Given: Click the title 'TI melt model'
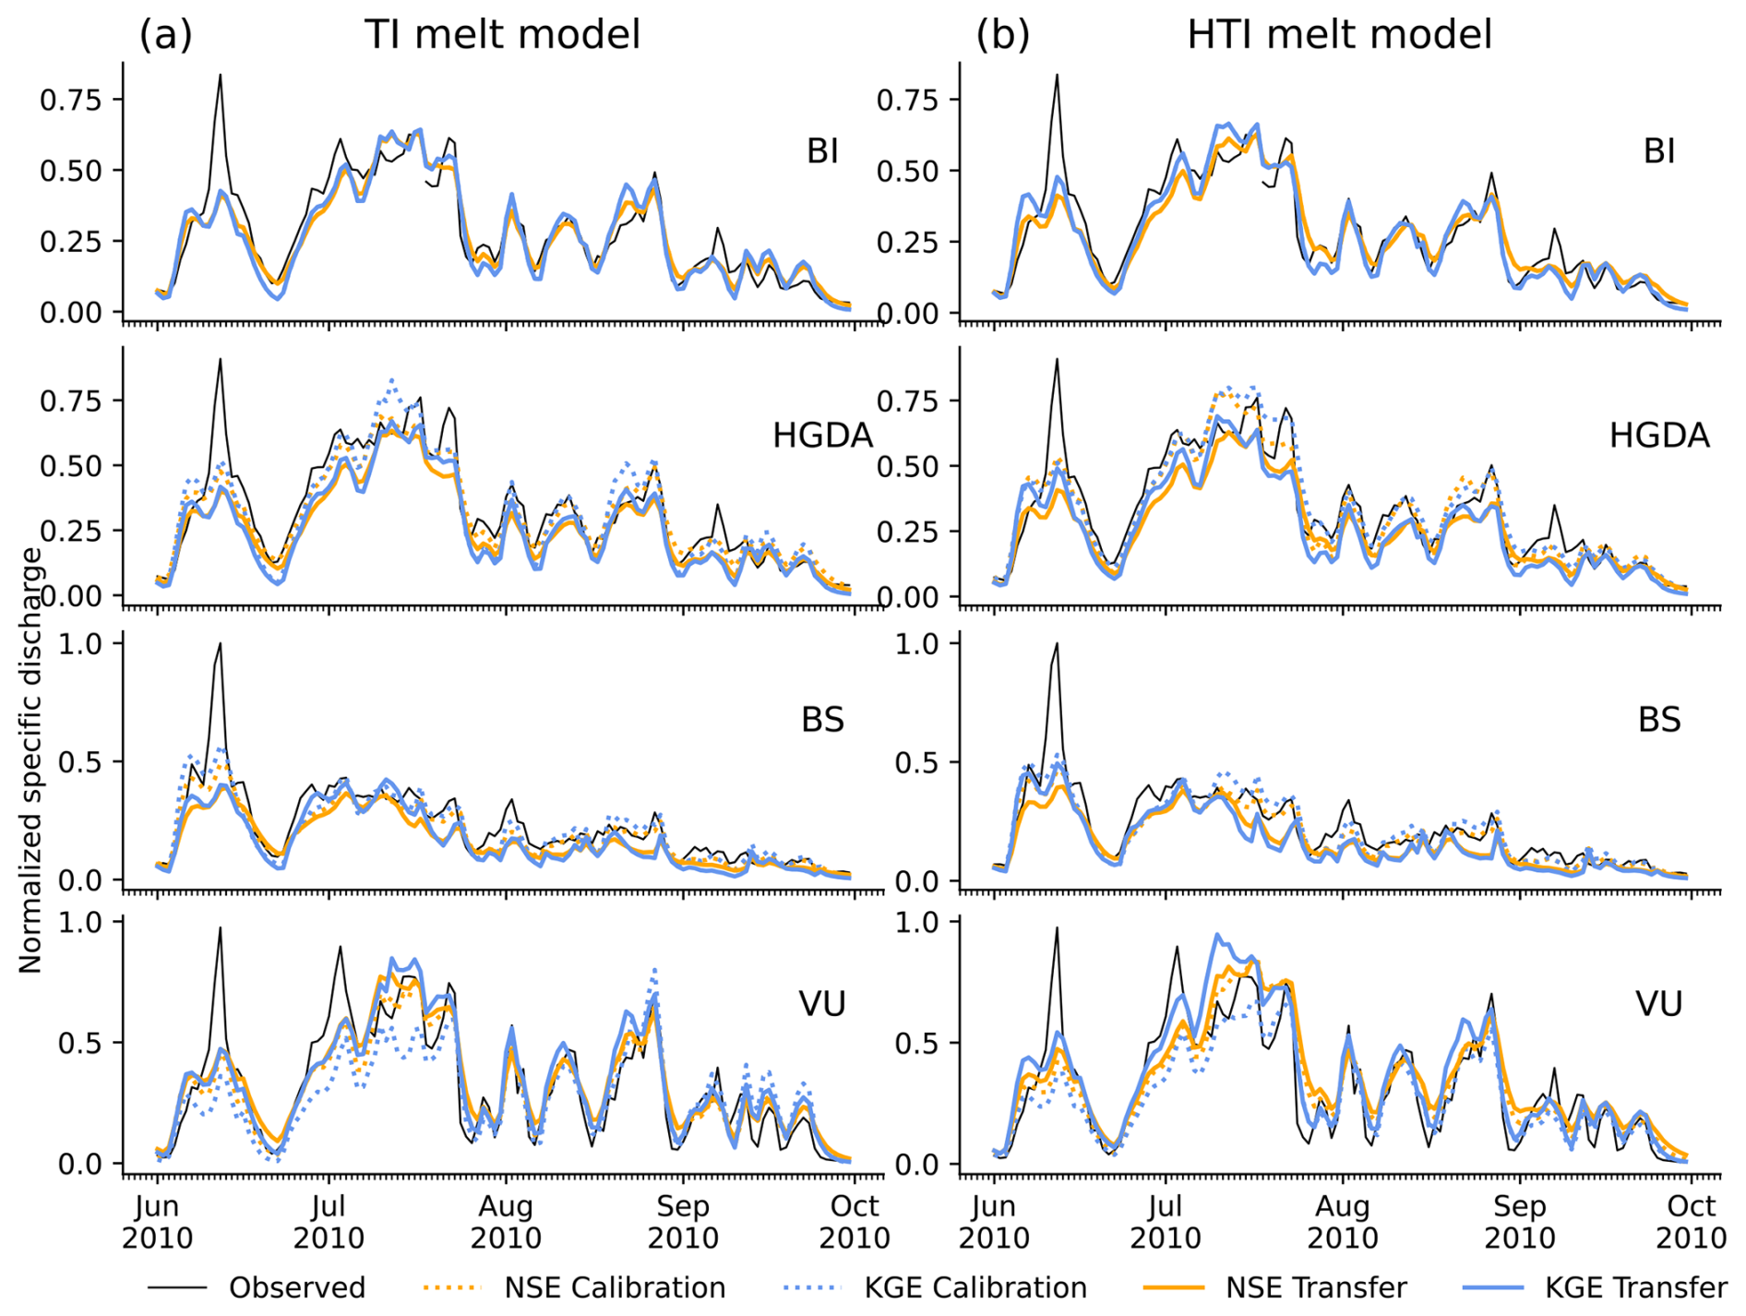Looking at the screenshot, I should (502, 35).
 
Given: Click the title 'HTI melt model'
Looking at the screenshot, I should (1339, 35).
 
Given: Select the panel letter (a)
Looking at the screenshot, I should (165, 35).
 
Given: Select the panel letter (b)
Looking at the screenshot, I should (1002, 35).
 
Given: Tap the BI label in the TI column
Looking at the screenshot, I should (822, 151).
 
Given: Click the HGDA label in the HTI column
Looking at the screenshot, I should (1659, 436).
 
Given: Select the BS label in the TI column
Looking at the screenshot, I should (822, 720).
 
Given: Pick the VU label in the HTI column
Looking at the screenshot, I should (1659, 1004).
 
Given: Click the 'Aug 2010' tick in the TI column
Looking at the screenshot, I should (506, 1222).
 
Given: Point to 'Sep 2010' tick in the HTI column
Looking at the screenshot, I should (1519, 1222).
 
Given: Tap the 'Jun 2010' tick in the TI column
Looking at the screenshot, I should (157, 1222).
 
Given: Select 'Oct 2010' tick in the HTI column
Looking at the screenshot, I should (1691, 1222).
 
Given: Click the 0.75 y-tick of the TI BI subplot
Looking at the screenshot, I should (70, 100).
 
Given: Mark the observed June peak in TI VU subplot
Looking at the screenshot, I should (221, 928).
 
